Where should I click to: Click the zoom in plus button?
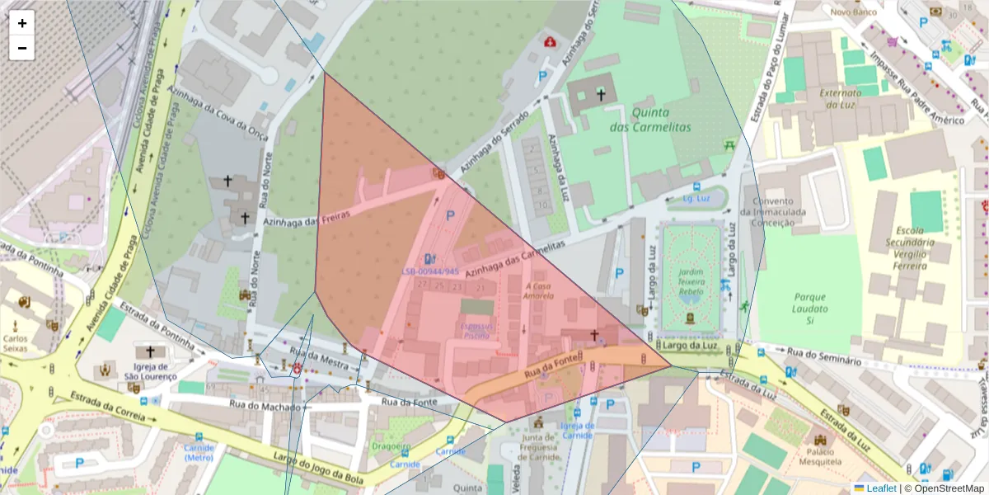click(22, 23)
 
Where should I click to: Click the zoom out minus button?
click(22, 48)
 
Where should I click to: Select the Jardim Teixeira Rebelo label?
click(691, 280)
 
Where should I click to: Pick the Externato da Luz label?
click(840, 98)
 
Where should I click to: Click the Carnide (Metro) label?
click(199, 452)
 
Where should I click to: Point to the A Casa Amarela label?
click(539, 290)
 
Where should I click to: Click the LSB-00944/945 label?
click(430, 271)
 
